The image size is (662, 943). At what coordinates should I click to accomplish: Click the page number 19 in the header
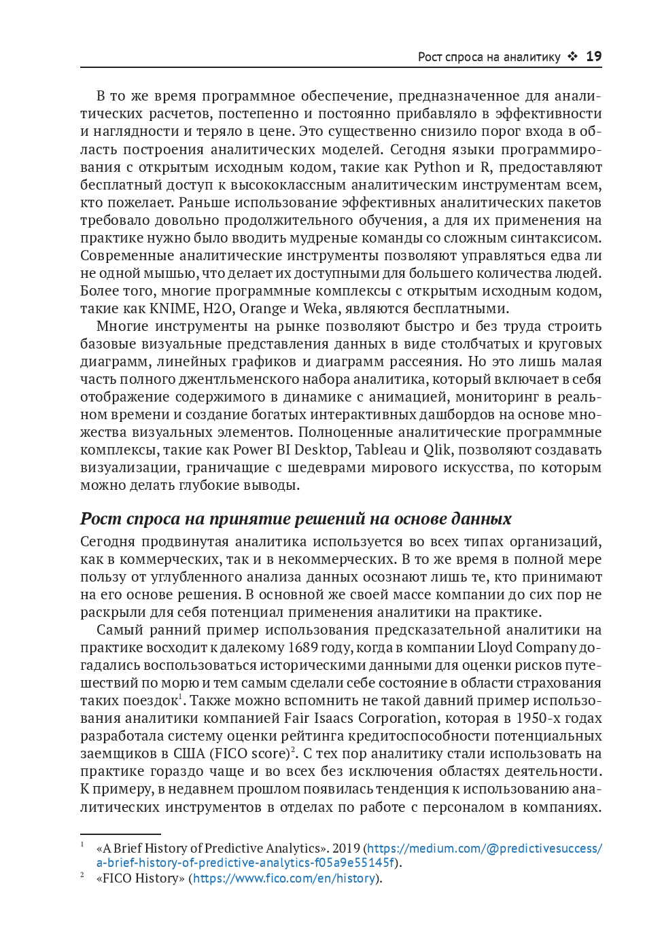pyautogui.click(x=593, y=56)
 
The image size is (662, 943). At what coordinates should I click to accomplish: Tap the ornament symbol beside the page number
pyautogui.click(x=572, y=56)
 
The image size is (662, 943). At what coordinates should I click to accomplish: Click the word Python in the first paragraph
pyautogui.click(x=437, y=167)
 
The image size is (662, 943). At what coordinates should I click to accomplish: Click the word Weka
pyautogui.click(x=319, y=308)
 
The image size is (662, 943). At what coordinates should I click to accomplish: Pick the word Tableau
pyautogui.click(x=381, y=450)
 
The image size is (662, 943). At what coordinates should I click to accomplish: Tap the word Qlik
pyautogui.click(x=437, y=450)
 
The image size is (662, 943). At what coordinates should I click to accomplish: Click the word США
pyautogui.click(x=189, y=753)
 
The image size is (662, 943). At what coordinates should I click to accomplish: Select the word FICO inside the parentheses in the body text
pyautogui.click(x=230, y=753)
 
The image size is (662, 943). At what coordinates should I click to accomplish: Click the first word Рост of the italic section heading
pyautogui.click(x=101, y=519)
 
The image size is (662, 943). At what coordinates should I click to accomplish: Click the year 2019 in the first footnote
pyautogui.click(x=346, y=849)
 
